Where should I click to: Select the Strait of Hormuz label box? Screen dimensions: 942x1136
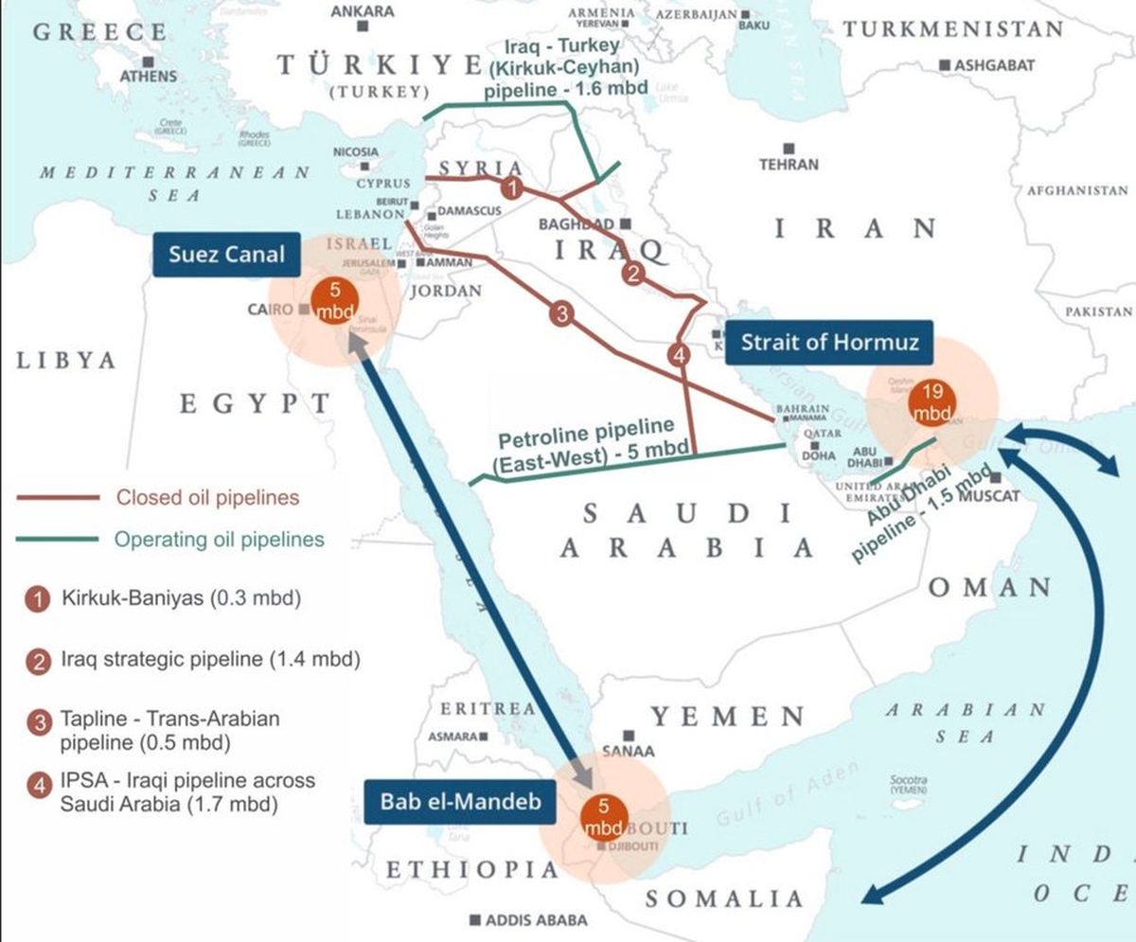click(x=829, y=343)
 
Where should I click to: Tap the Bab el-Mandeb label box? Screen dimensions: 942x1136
click(x=460, y=802)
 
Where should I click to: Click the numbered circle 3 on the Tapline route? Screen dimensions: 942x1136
click(x=562, y=315)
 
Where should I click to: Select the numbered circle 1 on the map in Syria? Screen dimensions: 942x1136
click(x=511, y=188)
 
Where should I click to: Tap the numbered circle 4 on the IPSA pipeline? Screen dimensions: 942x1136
click(x=678, y=356)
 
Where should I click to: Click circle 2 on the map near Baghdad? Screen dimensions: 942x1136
click(x=632, y=274)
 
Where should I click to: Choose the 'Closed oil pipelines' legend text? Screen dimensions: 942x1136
click(x=207, y=497)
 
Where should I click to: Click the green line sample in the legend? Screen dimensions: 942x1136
click(x=57, y=540)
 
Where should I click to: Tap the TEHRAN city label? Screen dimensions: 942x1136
click(x=788, y=164)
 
